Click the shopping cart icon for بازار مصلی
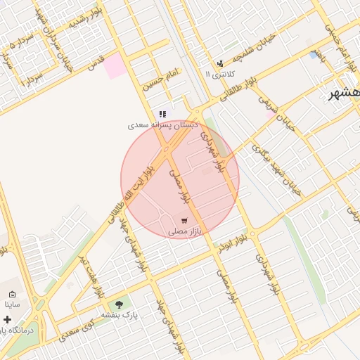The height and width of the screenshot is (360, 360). [x=185, y=221]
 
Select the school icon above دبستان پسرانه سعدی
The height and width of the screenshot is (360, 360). [x=162, y=114]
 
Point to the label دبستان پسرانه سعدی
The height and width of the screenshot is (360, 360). [x=162, y=125]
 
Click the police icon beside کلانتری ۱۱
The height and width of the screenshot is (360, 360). [x=220, y=63]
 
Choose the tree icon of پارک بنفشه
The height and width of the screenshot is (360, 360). [x=118, y=304]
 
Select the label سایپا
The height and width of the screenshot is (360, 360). [x=14, y=305]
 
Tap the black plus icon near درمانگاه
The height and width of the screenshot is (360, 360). [x=7, y=319]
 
